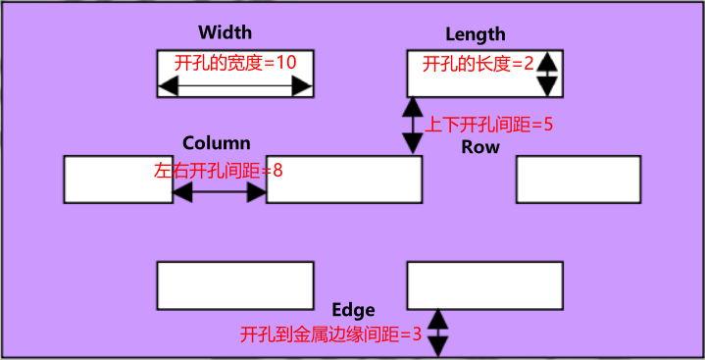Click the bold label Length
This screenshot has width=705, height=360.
tap(476, 34)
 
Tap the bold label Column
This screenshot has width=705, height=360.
tap(217, 143)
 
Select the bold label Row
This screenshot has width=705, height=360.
tap(480, 147)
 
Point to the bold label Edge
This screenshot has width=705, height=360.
tap(354, 310)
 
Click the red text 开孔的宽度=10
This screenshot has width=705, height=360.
tap(235, 62)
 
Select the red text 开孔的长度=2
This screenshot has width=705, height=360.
tap(478, 65)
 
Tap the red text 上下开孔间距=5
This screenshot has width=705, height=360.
tap(489, 126)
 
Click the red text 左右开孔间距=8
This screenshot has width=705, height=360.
tap(219, 170)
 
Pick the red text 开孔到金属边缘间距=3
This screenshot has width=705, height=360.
tap(330, 334)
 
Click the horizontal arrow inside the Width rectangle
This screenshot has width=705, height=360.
tap(235, 88)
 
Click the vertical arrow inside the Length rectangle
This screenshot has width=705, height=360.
tap(547, 74)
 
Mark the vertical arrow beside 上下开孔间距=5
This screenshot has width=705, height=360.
tap(413, 125)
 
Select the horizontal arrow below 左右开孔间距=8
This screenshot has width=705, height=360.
tap(220, 194)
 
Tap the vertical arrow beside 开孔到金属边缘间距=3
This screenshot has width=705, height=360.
tap(438, 333)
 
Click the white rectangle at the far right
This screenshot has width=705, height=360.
tap(579, 180)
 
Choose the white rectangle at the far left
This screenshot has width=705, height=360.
tap(118, 180)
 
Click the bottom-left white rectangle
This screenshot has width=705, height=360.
tap(235, 284)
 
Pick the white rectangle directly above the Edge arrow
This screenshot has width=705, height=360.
tap(484, 284)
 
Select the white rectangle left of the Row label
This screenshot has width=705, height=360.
tap(344, 180)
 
